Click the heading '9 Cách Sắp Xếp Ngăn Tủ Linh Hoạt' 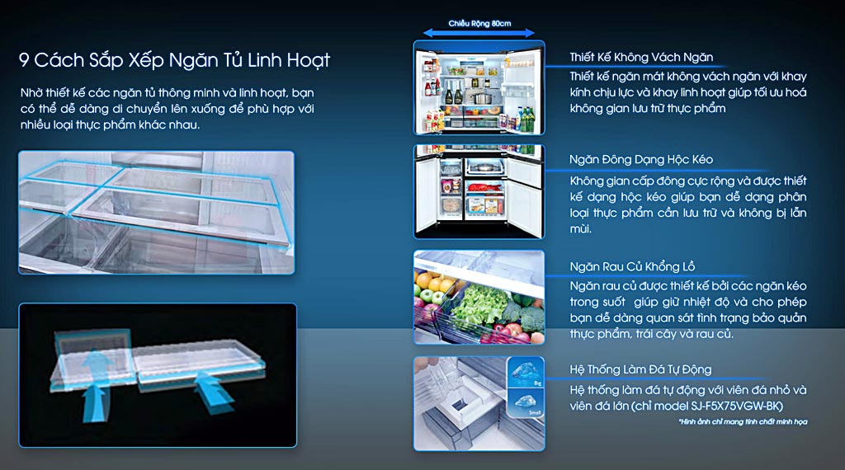coord(174,60)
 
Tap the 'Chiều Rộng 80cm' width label coord(479,23)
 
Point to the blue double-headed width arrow coord(479,33)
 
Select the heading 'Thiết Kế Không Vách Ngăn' coord(641,57)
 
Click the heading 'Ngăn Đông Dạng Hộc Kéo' coord(641,159)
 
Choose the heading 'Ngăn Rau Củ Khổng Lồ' coord(632,266)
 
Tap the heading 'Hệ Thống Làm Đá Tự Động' coord(640,369)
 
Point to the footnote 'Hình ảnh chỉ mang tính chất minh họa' coord(743,421)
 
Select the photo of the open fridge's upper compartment coord(479,87)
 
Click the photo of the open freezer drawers coord(479,191)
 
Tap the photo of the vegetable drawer coord(479,297)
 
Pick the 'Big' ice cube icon coord(526,372)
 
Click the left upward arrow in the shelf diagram coord(95,384)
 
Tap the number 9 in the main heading coord(24,60)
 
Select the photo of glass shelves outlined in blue coord(156,212)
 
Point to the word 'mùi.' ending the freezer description coord(581,228)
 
